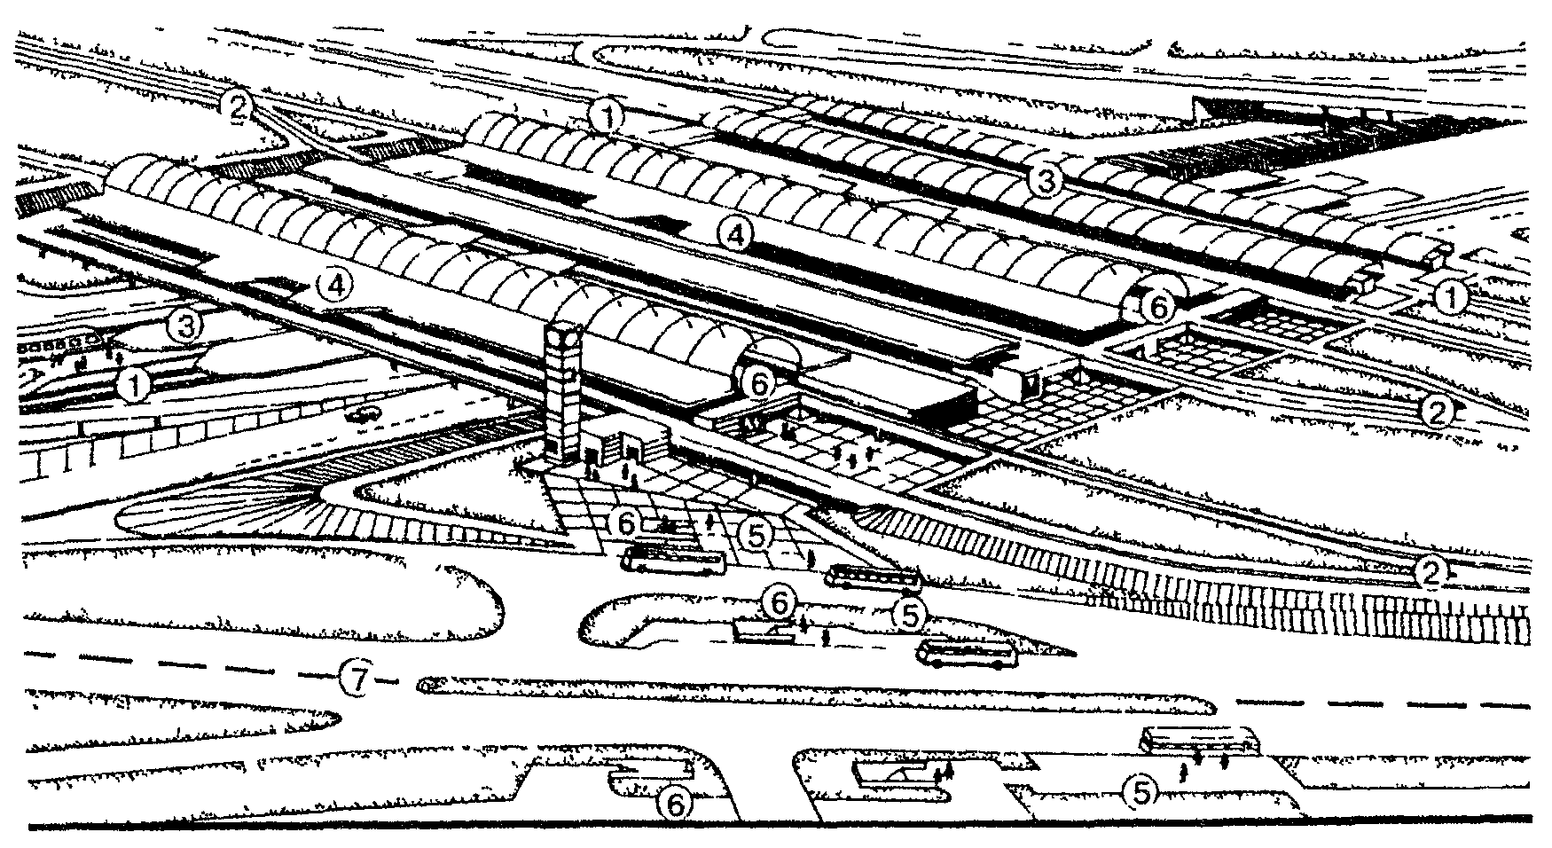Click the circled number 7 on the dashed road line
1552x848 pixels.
354,679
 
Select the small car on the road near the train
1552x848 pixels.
363,414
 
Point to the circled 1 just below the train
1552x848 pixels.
133,385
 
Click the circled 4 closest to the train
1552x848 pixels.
335,285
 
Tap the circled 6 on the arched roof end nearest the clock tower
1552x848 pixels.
759,382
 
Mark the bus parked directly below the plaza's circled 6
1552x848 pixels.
673,561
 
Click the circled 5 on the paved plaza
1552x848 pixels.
755,533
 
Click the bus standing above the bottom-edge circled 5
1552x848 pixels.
1199,739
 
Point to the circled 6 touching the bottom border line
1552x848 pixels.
675,805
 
